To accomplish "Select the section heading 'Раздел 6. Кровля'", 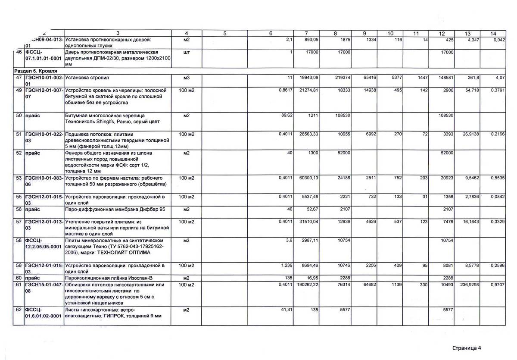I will click(x=33, y=71).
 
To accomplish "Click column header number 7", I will click(x=305, y=34).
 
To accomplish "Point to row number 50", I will click(x=19, y=116).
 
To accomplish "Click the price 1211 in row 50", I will click(x=312, y=116).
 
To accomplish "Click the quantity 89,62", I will click(x=286, y=116).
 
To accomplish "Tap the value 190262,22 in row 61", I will click(x=306, y=285).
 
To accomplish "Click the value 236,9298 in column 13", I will click(x=461, y=285).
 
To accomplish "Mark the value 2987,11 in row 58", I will click(x=309, y=240).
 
